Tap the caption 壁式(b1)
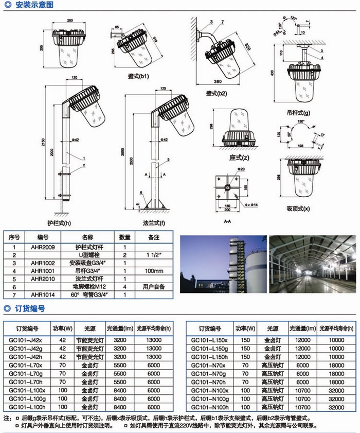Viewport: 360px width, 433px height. [x=138, y=76]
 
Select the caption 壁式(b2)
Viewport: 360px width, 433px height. [x=216, y=93]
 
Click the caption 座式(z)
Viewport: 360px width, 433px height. [x=239, y=157]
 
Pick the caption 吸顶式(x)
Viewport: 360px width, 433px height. [x=298, y=209]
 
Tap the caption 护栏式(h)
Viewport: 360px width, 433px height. [x=59, y=223]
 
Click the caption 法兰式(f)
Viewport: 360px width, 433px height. [x=154, y=223]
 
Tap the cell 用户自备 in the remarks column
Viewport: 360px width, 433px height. [x=153, y=286]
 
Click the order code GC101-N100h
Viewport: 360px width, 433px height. [x=210, y=406]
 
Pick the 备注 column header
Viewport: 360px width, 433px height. [x=153, y=237]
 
